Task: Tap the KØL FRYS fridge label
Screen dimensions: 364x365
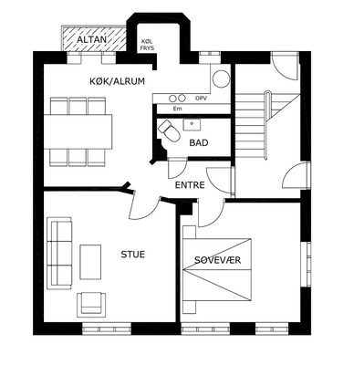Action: coord(148,45)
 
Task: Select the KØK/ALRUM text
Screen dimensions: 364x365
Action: coord(117,81)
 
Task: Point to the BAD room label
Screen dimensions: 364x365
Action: coord(199,142)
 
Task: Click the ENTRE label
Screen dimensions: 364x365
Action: coord(190,185)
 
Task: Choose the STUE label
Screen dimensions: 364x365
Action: coord(133,255)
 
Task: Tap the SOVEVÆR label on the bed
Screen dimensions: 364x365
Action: coord(218,260)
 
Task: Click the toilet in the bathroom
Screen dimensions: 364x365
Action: coord(169,131)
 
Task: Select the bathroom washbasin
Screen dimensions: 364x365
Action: coord(192,125)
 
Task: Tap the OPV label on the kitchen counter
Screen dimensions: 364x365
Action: coord(201,99)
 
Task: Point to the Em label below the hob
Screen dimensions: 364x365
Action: coord(177,109)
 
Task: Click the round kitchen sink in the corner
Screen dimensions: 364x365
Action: coord(221,78)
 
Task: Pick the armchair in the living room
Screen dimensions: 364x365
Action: coord(91,305)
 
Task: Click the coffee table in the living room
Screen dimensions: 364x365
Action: coord(90,262)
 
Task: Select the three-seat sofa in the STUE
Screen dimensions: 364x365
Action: coord(59,254)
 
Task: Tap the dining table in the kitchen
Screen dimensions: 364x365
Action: coord(78,131)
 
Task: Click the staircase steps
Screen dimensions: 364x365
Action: coord(251,126)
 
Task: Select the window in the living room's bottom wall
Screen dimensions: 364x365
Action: coord(107,328)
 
